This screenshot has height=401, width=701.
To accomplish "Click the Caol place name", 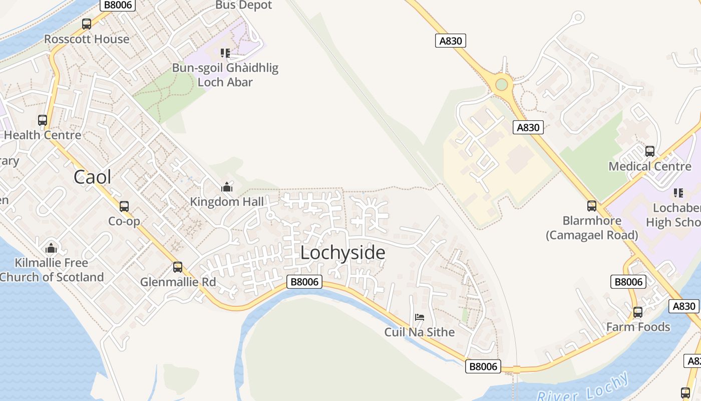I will tap(93, 177).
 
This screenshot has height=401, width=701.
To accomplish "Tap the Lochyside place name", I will tap(343, 253).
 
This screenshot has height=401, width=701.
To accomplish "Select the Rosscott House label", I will tap(87, 39).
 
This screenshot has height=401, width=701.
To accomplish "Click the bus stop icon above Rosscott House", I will tap(87, 24).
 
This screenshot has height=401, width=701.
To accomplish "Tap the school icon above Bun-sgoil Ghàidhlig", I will tap(225, 53).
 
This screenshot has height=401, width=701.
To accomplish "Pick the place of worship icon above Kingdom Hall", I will tap(227, 187).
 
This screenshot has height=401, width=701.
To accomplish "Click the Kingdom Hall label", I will tap(227, 202).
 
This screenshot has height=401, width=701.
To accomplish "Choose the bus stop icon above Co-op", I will tap(124, 206).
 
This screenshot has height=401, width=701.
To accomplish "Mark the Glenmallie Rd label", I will tap(178, 282).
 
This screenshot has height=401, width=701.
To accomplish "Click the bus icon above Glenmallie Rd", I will tap(178, 267).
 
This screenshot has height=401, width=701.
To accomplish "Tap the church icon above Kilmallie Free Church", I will tap(51, 248).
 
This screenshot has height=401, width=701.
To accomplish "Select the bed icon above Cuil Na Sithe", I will tap(420, 317).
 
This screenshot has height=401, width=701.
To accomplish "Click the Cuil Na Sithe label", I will tap(420, 332).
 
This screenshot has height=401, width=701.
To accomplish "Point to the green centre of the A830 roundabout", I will tap(501, 84).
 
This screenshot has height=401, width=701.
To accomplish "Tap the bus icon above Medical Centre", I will tap(650, 151).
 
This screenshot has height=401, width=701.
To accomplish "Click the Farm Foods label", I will tap(638, 327).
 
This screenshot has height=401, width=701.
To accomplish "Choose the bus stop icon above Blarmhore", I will tap(592, 206).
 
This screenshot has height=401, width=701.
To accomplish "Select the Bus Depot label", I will tap(244, 5).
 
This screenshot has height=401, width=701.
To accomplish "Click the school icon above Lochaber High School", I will tap(678, 192).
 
